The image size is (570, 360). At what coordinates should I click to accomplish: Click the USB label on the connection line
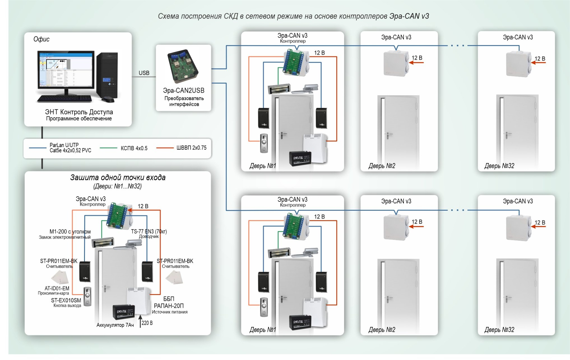(144, 73)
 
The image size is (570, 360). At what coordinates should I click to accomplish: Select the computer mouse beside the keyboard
(108, 99)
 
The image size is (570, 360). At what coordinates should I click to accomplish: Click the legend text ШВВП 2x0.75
(191, 148)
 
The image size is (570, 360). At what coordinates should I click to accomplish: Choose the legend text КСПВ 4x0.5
(134, 148)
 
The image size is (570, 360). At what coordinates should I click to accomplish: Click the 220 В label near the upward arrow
(147, 323)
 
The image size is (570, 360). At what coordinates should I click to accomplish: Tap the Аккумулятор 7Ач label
(115, 325)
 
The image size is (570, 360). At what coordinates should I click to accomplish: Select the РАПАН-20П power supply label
(169, 306)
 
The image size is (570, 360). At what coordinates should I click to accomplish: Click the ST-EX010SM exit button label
(66, 300)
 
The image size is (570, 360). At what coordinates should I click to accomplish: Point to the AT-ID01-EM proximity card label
(57, 288)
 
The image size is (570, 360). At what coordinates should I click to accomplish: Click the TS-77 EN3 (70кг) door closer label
(149, 231)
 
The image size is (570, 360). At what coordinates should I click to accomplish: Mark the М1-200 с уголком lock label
(70, 232)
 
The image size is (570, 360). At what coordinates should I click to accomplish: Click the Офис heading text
(41, 39)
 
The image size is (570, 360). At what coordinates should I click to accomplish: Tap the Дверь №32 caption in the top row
(499, 166)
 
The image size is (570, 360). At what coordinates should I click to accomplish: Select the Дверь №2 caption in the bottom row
(382, 330)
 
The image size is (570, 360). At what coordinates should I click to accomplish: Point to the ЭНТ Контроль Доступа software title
(79, 112)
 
